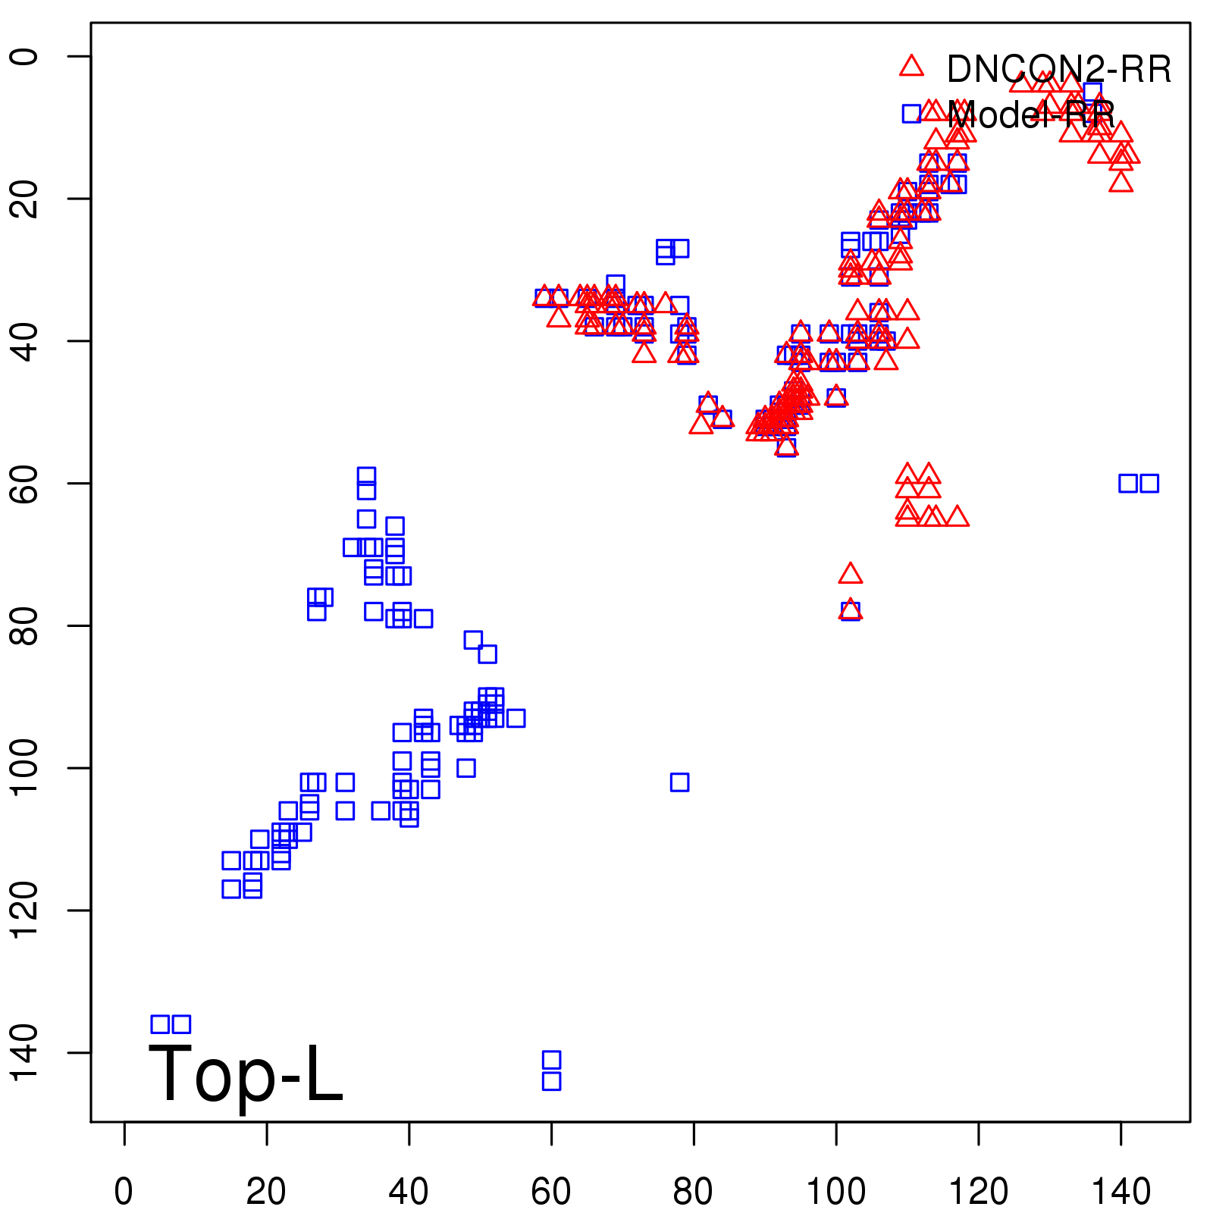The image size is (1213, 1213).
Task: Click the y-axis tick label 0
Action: click(x=24, y=56)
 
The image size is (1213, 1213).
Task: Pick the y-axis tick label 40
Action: click(x=24, y=341)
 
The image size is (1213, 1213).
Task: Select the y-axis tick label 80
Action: click(x=24, y=625)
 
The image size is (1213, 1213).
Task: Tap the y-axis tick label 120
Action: click(x=24, y=910)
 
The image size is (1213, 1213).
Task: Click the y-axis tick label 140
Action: click(x=24, y=1052)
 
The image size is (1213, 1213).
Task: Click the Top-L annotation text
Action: click(x=246, y=1074)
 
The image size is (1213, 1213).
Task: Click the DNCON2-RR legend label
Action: click(x=1059, y=70)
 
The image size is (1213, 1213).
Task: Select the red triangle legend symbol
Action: click(x=911, y=67)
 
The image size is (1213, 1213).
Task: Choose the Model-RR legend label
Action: click(x=1031, y=115)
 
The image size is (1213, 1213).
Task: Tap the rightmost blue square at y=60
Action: click(x=1149, y=483)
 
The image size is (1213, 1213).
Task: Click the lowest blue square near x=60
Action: click(x=552, y=1081)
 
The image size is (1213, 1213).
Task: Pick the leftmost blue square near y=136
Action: click(x=160, y=1024)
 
